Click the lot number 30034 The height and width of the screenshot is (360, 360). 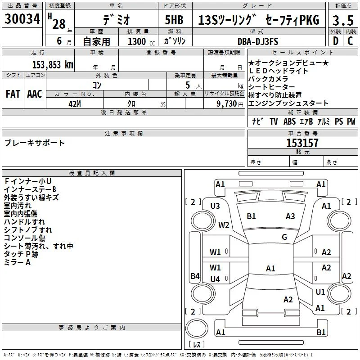[22, 19]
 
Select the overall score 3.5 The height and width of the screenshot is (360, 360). [343, 20]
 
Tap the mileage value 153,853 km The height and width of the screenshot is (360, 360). [53, 65]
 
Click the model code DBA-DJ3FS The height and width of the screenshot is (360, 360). [258, 41]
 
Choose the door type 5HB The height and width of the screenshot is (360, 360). [174, 20]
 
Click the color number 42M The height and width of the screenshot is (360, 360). [75, 104]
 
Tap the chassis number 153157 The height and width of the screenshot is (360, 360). [302, 143]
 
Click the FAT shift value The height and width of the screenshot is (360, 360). [13, 94]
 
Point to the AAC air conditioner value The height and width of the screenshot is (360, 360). [35, 94]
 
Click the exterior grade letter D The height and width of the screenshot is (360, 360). [336, 41]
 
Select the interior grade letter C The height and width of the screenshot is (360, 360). [350, 41]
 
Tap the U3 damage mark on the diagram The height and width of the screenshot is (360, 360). [215, 206]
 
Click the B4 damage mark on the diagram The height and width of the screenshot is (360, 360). [195, 276]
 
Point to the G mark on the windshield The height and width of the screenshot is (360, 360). [284, 237]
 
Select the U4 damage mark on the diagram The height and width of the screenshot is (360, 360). [215, 279]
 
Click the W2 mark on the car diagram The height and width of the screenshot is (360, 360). [224, 225]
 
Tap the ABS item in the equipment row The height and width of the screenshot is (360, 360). [289, 121]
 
